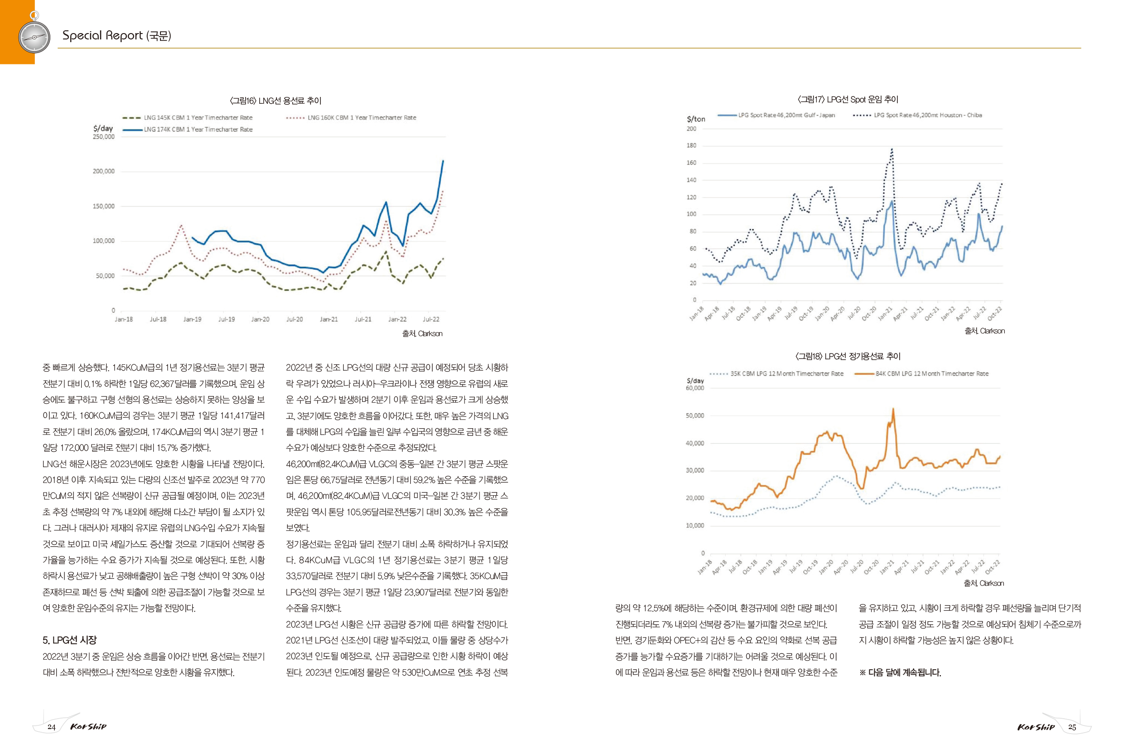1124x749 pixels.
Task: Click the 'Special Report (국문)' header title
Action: coord(116,35)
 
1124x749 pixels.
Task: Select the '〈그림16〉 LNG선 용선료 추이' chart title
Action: coord(276,100)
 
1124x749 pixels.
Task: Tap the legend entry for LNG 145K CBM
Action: coord(187,117)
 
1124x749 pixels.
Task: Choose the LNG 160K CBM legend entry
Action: coord(351,117)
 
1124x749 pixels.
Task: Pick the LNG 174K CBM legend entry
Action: coord(187,130)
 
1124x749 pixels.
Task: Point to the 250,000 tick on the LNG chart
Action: coord(104,137)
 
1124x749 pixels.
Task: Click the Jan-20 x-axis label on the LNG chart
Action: coord(260,319)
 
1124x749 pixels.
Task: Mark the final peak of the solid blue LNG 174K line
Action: coord(443,161)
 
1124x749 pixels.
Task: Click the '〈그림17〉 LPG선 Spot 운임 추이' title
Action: coord(848,99)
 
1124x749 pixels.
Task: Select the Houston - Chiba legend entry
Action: coord(917,115)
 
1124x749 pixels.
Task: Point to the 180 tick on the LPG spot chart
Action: coord(691,145)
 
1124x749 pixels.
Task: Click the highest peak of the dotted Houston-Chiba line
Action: coord(891,149)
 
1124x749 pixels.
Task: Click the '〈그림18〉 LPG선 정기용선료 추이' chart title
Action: coord(848,356)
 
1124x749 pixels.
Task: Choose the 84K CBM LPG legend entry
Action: coord(921,373)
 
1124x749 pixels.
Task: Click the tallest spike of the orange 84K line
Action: coord(893,409)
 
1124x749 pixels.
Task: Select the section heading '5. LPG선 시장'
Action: coord(70,640)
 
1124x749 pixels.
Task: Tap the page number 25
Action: coord(1072,727)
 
